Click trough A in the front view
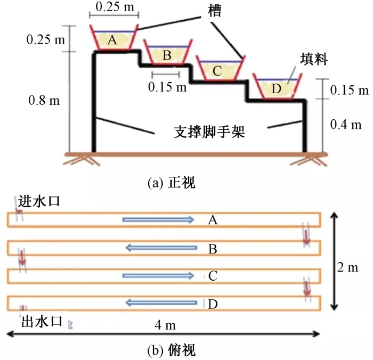pyautogui.click(x=112, y=38)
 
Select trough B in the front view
pyautogui.click(x=167, y=54)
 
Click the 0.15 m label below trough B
pyautogui.click(x=167, y=86)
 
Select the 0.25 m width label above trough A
pyautogui.click(x=112, y=8)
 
